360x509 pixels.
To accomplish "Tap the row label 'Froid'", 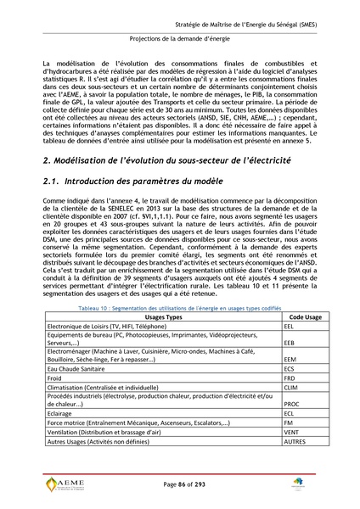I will [56, 378].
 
